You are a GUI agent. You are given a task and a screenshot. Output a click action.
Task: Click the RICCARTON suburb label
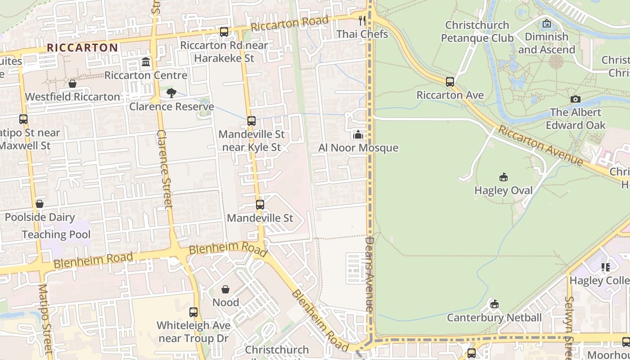82,48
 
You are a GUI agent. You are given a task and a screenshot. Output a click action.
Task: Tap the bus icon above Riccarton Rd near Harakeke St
224,32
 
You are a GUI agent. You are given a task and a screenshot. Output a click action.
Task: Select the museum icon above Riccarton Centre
146,62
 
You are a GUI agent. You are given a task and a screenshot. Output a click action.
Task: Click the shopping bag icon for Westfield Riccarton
72,84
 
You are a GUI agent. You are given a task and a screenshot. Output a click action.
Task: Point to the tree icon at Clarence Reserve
171,93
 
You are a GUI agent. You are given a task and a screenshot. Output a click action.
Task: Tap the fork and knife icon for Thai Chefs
362,21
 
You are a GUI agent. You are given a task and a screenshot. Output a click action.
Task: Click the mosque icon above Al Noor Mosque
358,135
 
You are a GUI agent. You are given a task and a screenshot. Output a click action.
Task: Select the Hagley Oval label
504,190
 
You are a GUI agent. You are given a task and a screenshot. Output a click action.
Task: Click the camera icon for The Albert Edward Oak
575,99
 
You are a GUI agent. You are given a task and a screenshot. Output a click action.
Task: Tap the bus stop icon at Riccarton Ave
450,82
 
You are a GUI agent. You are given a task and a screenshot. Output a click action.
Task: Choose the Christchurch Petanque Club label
477,31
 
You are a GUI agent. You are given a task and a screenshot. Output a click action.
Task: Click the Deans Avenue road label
369,274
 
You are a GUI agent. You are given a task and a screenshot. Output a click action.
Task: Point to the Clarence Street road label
165,169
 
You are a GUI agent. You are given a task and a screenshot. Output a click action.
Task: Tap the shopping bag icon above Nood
225,289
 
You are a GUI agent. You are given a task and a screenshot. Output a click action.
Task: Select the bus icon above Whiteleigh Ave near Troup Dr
193,312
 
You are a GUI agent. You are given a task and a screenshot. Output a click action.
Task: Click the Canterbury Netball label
494,318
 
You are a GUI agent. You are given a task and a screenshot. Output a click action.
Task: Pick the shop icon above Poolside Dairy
40,204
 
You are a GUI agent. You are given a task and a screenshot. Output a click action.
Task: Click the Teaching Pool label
56,234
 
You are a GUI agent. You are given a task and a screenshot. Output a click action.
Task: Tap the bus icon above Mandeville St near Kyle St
252,121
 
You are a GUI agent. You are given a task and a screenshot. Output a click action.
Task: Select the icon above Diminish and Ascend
547,23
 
